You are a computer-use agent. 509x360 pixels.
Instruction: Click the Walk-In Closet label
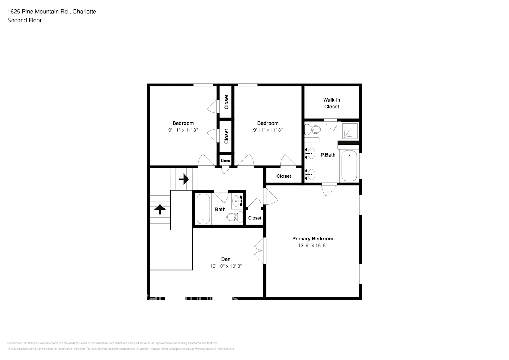(x=332, y=103)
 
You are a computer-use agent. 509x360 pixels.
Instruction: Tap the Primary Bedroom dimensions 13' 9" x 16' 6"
(x=312, y=246)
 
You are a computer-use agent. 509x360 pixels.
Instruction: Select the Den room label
(x=226, y=259)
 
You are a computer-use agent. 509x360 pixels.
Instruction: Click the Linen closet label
(x=225, y=161)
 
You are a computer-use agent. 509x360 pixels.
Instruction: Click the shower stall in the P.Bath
(x=350, y=131)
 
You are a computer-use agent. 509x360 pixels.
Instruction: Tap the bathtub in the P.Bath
(x=349, y=166)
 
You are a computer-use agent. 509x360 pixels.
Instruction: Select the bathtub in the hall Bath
(x=203, y=209)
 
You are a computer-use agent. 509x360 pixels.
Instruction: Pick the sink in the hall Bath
(x=237, y=201)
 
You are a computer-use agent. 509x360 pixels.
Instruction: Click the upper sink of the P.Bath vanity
(x=310, y=153)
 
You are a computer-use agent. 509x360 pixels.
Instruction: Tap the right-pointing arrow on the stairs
(x=184, y=179)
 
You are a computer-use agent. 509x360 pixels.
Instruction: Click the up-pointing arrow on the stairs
(x=160, y=209)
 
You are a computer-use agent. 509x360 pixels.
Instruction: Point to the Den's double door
(x=260, y=251)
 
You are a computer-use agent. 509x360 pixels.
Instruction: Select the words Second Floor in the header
(x=24, y=20)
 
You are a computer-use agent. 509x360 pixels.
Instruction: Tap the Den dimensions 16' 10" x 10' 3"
(x=226, y=266)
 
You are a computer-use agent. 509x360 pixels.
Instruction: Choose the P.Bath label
(x=328, y=155)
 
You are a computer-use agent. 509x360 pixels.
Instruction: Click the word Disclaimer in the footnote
(x=14, y=343)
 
